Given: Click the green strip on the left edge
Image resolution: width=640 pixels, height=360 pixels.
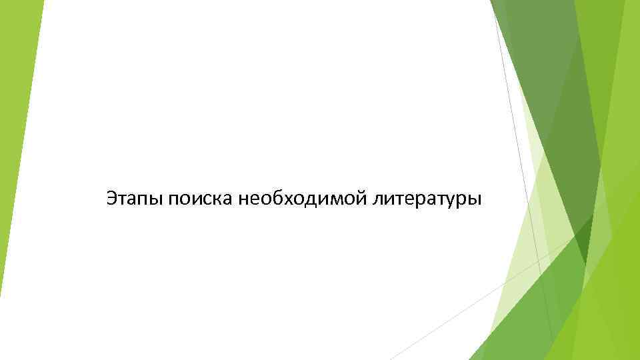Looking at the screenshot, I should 17,100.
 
